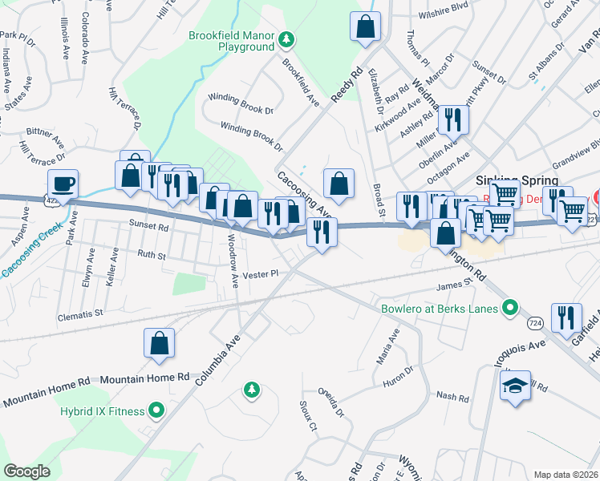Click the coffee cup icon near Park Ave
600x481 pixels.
point(63,183)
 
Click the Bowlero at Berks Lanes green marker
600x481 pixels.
point(509,307)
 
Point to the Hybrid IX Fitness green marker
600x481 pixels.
point(156,411)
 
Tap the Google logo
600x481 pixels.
point(26,471)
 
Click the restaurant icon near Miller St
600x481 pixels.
point(452,119)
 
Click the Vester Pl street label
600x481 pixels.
point(261,273)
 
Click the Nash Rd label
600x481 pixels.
point(452,396)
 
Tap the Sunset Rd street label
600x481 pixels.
point(152,227)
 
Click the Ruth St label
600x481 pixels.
point(151,257)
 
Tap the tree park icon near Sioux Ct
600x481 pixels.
point(252,390)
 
